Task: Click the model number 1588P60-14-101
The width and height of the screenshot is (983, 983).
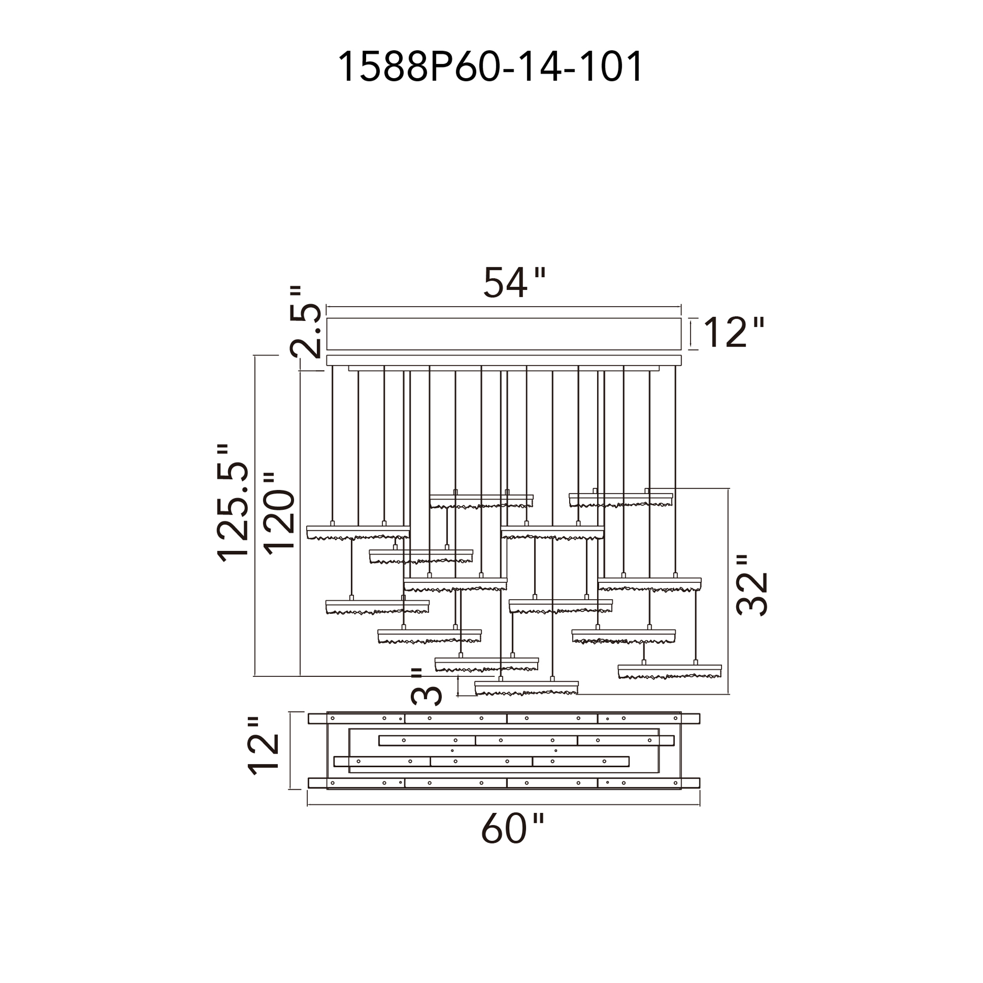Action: click(x=491, y=67)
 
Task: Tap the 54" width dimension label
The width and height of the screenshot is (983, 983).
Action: click(x=514, y=283)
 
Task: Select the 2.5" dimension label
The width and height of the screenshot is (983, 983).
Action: click(x=306, y=322)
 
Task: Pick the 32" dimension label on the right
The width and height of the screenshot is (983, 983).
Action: click(x=752, y=586)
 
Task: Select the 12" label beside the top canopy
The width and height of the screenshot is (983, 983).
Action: click(x=733, y=332)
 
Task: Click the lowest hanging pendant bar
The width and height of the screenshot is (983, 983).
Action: click(x=526, y=688)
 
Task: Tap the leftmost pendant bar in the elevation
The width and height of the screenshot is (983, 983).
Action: click(x=358, y=532)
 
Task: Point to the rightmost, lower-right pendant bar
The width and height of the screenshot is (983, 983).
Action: click(x=669, y=671)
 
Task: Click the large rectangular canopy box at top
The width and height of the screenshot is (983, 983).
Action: click(x=504, y=334)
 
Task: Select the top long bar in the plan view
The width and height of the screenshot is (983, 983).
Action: click(x=504, y=719)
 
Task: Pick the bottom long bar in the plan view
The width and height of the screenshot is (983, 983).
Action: click(x=504, y=782)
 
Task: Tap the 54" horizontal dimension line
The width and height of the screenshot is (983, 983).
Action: click(x=504, y=307)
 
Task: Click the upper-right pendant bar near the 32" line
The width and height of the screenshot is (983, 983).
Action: click(x=621, y=499)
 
